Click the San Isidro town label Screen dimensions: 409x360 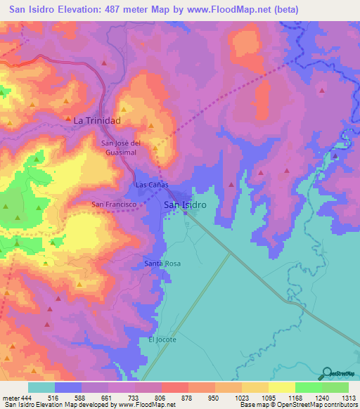coord(185,204)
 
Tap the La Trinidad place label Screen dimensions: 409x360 coord(98,121)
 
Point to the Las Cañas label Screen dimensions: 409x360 coord(152,185)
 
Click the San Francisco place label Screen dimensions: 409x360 coord(112,204)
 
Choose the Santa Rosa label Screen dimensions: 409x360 coord(162,263)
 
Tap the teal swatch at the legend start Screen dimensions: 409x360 coord(41,387)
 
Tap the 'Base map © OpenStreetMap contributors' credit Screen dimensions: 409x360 coord(298,405)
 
